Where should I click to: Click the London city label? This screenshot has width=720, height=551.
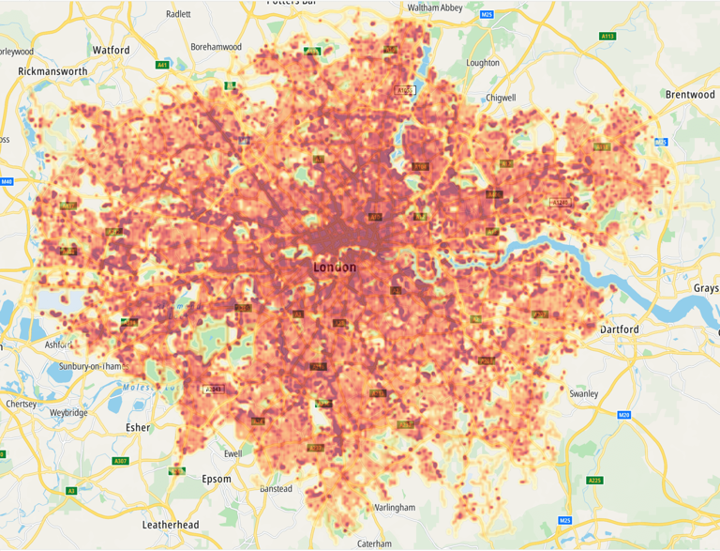[x=335, y=268]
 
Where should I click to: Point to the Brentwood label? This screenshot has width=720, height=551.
[x=690, y=95]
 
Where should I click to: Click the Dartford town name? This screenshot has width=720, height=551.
[x=619, y=329]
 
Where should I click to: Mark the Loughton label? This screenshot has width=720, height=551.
[x=483, y=63]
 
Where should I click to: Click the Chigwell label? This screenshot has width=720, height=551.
[x=502, y=98]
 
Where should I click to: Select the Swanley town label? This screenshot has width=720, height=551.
[x=583, y=394]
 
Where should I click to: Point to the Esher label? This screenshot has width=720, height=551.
[x=138, y=427]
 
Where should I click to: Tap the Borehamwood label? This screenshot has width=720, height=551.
[x=216, y=46]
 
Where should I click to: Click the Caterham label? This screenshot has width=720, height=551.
[x=374, y=543]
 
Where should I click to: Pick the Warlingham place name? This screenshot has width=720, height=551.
[x=395, y=507]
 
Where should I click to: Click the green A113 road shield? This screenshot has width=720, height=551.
[x=607, y=37]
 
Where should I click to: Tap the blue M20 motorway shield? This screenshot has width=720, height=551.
[x=624, y=415]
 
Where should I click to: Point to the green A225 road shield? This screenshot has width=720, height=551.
[x=594, y=481]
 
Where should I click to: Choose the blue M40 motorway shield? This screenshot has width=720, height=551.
[x=7, y=181]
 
